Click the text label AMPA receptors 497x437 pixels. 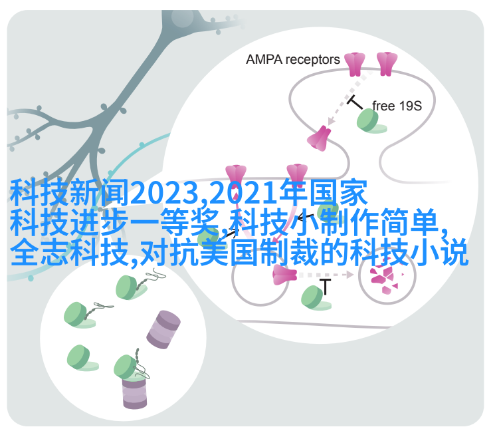pyautogui.click(x=292, y=60)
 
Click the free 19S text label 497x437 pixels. pyautogui.click(x=397, y=106)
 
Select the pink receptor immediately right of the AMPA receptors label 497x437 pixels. pyautogui.click(x=354, y=64)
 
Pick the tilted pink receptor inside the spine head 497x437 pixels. pyautogui.click(x=319, y=138)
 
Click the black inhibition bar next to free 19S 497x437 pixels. pyautogui.click(x=355, y=102)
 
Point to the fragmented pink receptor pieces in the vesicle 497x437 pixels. pyautogui.click(x=385, y=277)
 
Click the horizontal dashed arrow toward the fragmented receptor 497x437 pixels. pyautogui.click(x=326, y=275)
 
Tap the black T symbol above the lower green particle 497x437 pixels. pyautogui.click(x=325, y=286)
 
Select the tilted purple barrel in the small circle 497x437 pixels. pyautogui.click(x=163, y=329)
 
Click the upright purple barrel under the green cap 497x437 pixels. pyautogui.click(x=134, y=392)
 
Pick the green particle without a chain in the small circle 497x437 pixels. pyautogui.click(x=82, y=359)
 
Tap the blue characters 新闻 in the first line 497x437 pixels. pyautogui.click(x=100, y=192)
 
